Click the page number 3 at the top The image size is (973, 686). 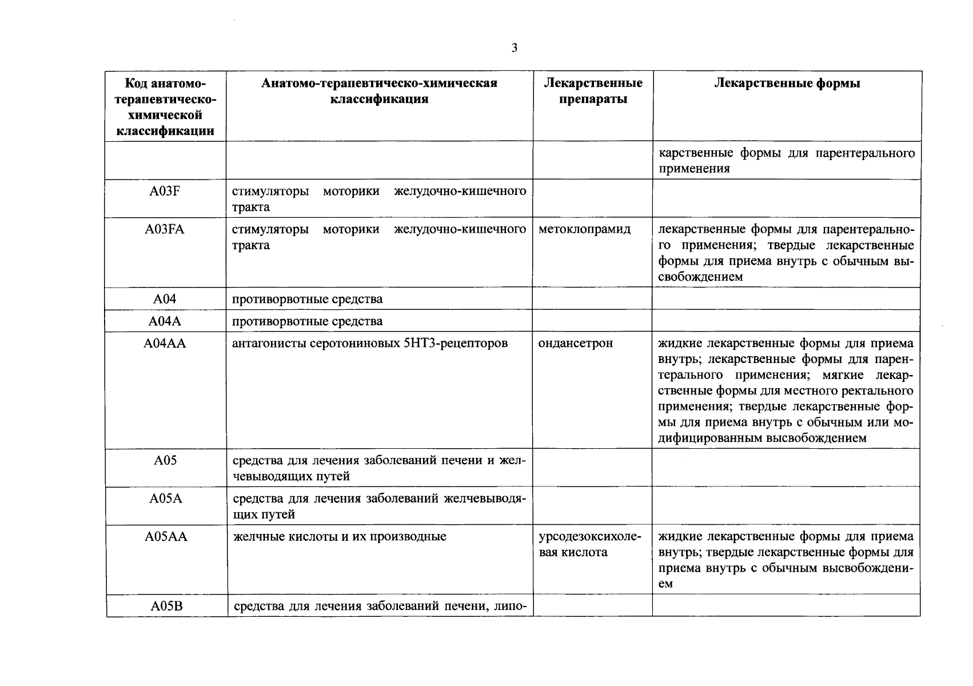click(x=514, y=48)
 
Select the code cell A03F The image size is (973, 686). click(x=165, y=191)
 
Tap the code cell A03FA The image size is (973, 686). click(x=165, y=230)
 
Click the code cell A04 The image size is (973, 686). click(x=165, y=299)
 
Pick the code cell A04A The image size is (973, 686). click(x=165, y=321)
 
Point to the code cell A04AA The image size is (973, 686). click(x=165, y=344)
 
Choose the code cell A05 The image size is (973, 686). click(x=165, y=460)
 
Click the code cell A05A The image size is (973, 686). click(x=165, y=498)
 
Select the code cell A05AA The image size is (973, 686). click(x=165, y=537)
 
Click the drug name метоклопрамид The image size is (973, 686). click(x=584, y=230)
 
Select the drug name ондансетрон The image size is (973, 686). click(x=576, y=344)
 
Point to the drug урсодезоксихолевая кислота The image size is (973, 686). click(x=590, y=545)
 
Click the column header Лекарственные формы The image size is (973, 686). click(x=787, y=83)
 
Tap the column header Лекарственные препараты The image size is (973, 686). click(x=593, y=91)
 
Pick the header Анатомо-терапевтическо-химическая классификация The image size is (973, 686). click(x=379, y=91)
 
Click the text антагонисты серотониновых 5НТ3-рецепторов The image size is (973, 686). click(x=370, y=344)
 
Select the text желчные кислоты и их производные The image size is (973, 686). click(x=339, y=537)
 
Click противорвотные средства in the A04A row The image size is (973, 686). click(x=307, y=321)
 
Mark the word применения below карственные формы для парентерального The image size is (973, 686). click(x=694, y=169)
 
